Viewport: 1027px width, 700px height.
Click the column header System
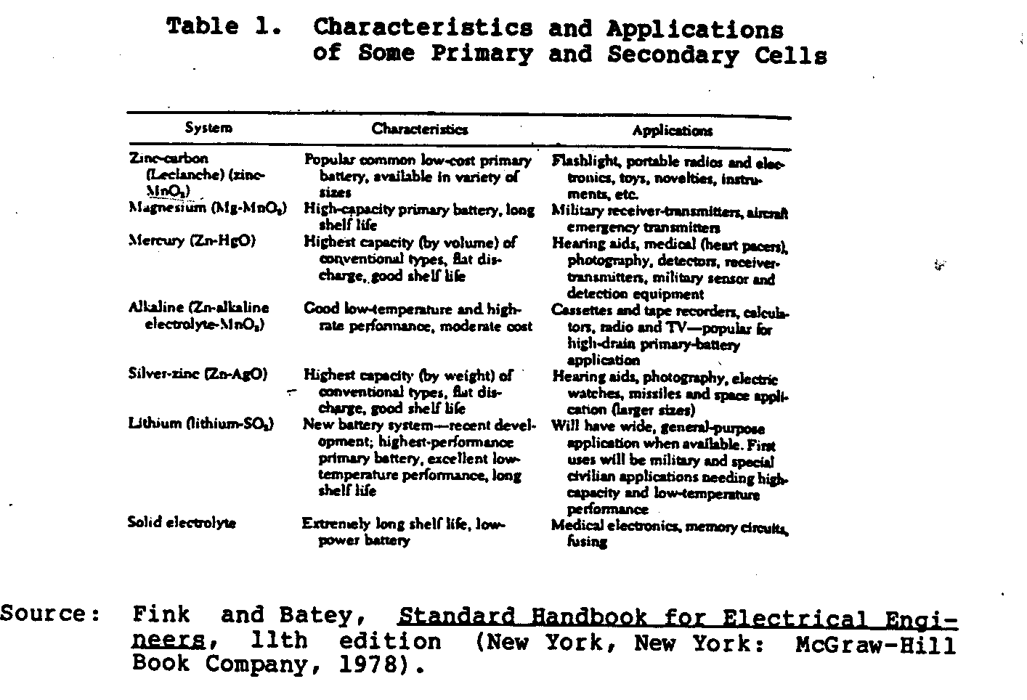click(x=208, y=129)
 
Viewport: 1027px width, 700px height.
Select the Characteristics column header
click(x=420, y=129)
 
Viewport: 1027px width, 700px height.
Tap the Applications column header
click(x=672, y=131)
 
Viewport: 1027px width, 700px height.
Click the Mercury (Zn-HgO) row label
click(x=192, y=240)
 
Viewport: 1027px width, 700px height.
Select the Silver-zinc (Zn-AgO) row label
click(x=198, y=375)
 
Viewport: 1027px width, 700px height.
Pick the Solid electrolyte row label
click(x=182, y=522)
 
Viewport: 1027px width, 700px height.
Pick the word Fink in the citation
click(x=162, y=615)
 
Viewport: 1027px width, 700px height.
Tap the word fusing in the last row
click(x=587, y=542)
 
